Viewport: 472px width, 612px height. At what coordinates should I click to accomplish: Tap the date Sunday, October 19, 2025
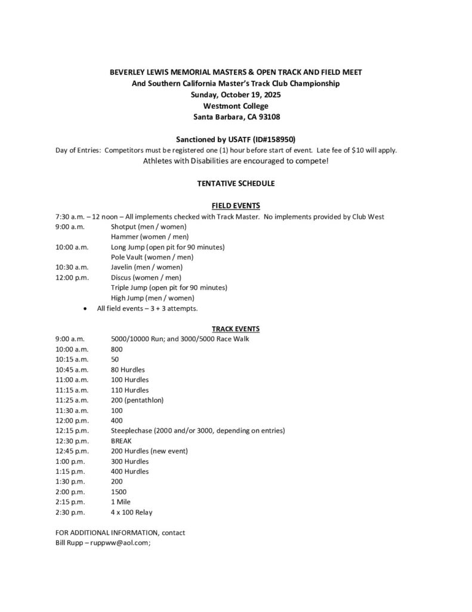click(x=236, y=94)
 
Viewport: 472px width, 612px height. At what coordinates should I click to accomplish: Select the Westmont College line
click(x=236, y=106)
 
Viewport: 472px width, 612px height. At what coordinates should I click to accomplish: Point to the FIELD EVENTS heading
click(x=236, y=206)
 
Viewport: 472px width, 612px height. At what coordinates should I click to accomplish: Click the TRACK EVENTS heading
click(x=236, y=328)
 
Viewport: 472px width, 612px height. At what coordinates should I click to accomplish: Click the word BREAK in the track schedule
click(x=121, y=441)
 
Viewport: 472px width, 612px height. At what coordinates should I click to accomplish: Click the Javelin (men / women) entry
click(x=147, y=267)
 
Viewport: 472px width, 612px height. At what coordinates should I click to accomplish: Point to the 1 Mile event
click(x=121, y=502)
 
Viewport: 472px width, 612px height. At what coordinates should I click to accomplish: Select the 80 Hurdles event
click(x=128, y=369)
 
